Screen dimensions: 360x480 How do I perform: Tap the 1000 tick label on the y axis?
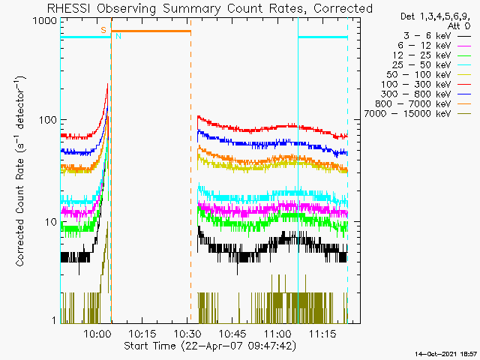point(44,22)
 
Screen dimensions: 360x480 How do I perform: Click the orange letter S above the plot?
point(103,30)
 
